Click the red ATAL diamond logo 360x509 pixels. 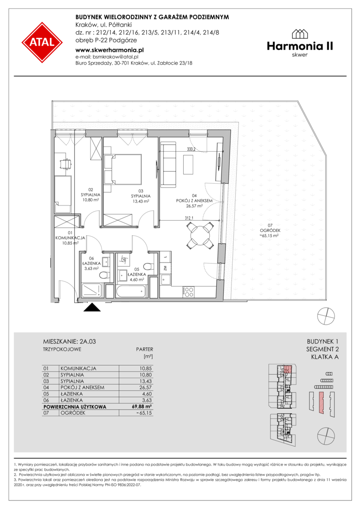pyautogui.click(x=42, y=42)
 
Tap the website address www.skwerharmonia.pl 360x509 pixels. pyautogui.click(x=109, y=50)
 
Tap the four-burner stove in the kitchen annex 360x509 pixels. pyautogui.click(x=188, y=292)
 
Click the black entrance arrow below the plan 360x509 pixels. pyautogui.click(x=92, y=307)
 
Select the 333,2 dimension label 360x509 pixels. pyautogui.click(x=191, y=150)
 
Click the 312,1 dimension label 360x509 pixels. pyautogui.click(x=189, y=219)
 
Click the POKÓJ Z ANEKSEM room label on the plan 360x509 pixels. pyautogui.click(x=195, y=201)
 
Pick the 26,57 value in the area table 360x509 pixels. pyautogui.click(x=146, y=387)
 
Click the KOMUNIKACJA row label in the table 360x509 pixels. pyautogui.click(x=78, y=369)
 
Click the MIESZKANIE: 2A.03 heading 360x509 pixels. pyautogui.click(x=69, y=342)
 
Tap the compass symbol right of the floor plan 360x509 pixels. pyautogui.click(x=326, y=315)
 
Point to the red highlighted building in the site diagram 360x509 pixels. pyautogui.click(x=321, y=402)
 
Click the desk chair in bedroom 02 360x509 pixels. pyautogui.click(x=66, y=164)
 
